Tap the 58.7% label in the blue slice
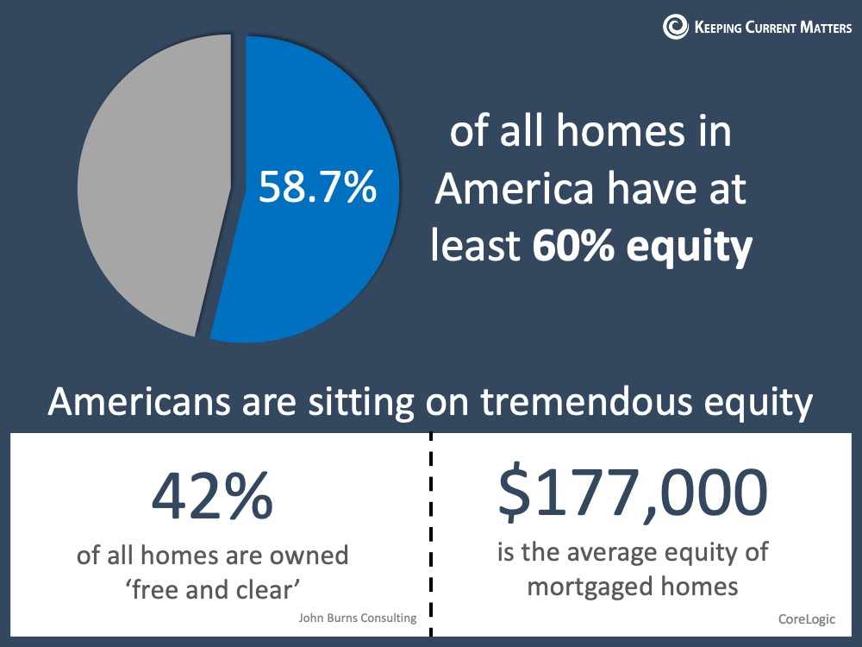[318, 186]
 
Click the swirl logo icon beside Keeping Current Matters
[675, 26]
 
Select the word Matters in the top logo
[826, 27]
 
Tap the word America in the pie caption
[515, 188]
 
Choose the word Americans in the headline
[139, 402]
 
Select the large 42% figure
[212, 496]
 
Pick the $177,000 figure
[633, 493]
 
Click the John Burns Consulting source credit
[358, 618]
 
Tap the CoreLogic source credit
[807, 619]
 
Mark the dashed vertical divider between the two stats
[431, 534]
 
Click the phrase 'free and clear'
[213, 590]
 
